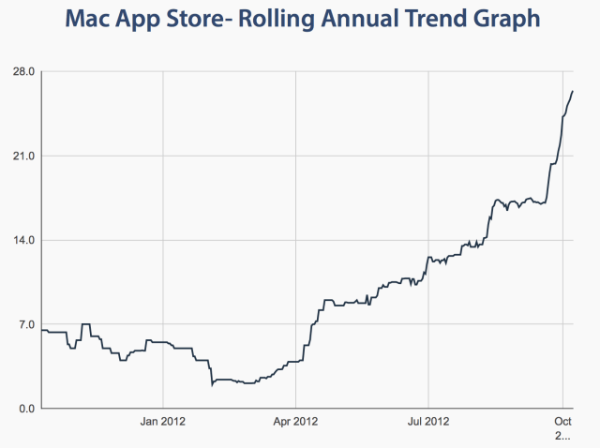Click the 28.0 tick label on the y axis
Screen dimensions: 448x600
coord(23,72)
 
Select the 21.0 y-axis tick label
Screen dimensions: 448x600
coord(23,156)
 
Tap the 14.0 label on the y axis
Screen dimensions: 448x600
coord(23,240)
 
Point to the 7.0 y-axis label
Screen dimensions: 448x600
coord(26,324)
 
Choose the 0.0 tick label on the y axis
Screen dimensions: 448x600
coord(26,409)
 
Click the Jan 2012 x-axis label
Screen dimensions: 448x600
coord(163,421)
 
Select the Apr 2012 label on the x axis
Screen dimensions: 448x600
coord(295,421)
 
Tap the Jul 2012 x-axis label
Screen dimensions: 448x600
coord(428,421)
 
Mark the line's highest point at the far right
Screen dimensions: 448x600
coord(573,91)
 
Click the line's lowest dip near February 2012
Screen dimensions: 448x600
coord(213,384)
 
